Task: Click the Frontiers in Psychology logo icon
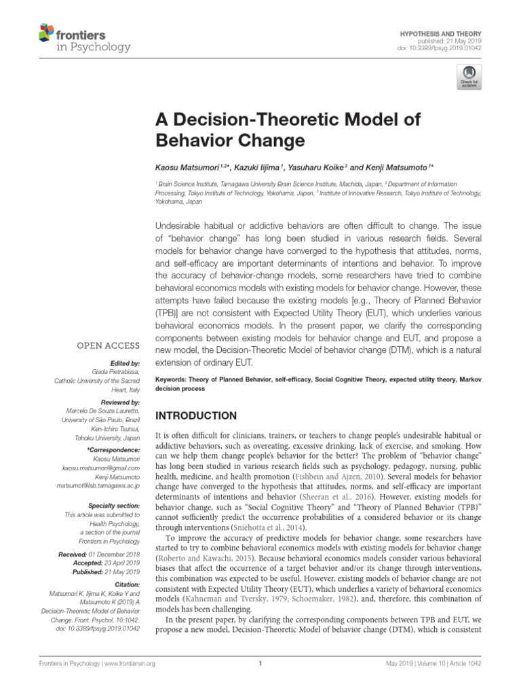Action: [46, 32]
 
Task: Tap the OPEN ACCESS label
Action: [108, 345]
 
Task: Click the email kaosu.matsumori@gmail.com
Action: [101, 468]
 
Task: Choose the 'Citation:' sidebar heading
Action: [126, 584]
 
